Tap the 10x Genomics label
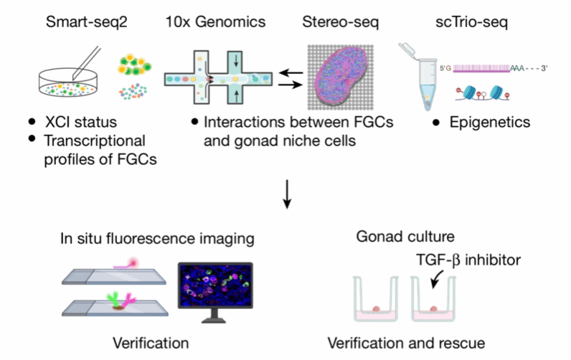(x=215, y=22)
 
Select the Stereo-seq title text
(x=340, y=22)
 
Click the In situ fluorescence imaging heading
(x=149, y=237)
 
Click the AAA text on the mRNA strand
(x=518, y=68)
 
